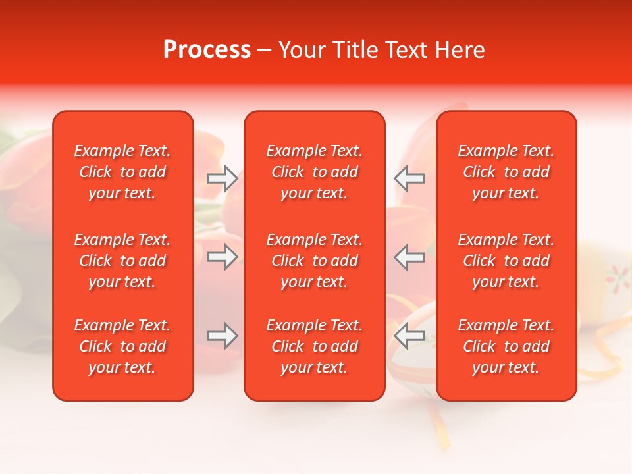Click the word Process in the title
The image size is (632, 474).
click(207, 50)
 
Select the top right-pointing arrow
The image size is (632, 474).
click(223, 178)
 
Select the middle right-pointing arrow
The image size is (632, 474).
click(223, 257)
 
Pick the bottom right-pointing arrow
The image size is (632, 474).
click(223, 336)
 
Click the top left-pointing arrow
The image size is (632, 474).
click(409, 178)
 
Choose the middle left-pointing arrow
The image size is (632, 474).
click(409, 257)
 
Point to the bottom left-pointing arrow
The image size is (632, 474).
click(409, 336)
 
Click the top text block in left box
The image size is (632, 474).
click(122, 172)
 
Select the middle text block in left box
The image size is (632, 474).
click(122, 261)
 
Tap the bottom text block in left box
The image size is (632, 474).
click(122, 346)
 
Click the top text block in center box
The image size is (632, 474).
click(314, 172)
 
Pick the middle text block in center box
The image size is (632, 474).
click(314, 261)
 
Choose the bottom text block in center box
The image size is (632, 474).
click(314, 346)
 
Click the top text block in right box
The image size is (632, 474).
click(506, 172)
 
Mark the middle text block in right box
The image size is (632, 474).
click(506, 261)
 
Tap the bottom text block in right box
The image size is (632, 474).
click(506, 346)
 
